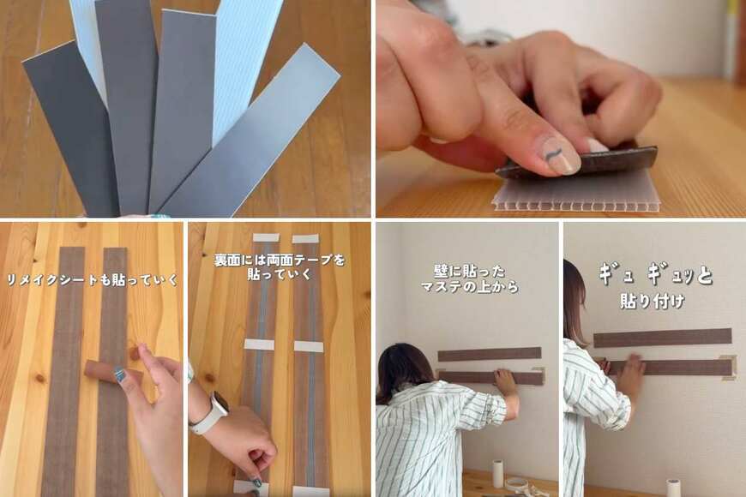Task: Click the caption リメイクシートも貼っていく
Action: (x=92, y=279)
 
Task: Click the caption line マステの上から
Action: (x=469, y=287)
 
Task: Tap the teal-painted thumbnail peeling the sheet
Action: (x=122, y=375)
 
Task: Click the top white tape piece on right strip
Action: (x=304, y=238)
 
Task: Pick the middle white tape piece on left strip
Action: (x=258, y=344)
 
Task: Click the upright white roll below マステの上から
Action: (x=496, y=473)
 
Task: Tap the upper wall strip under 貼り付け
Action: (x=662, y=338)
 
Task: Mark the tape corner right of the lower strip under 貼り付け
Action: (x=729, y=367)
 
